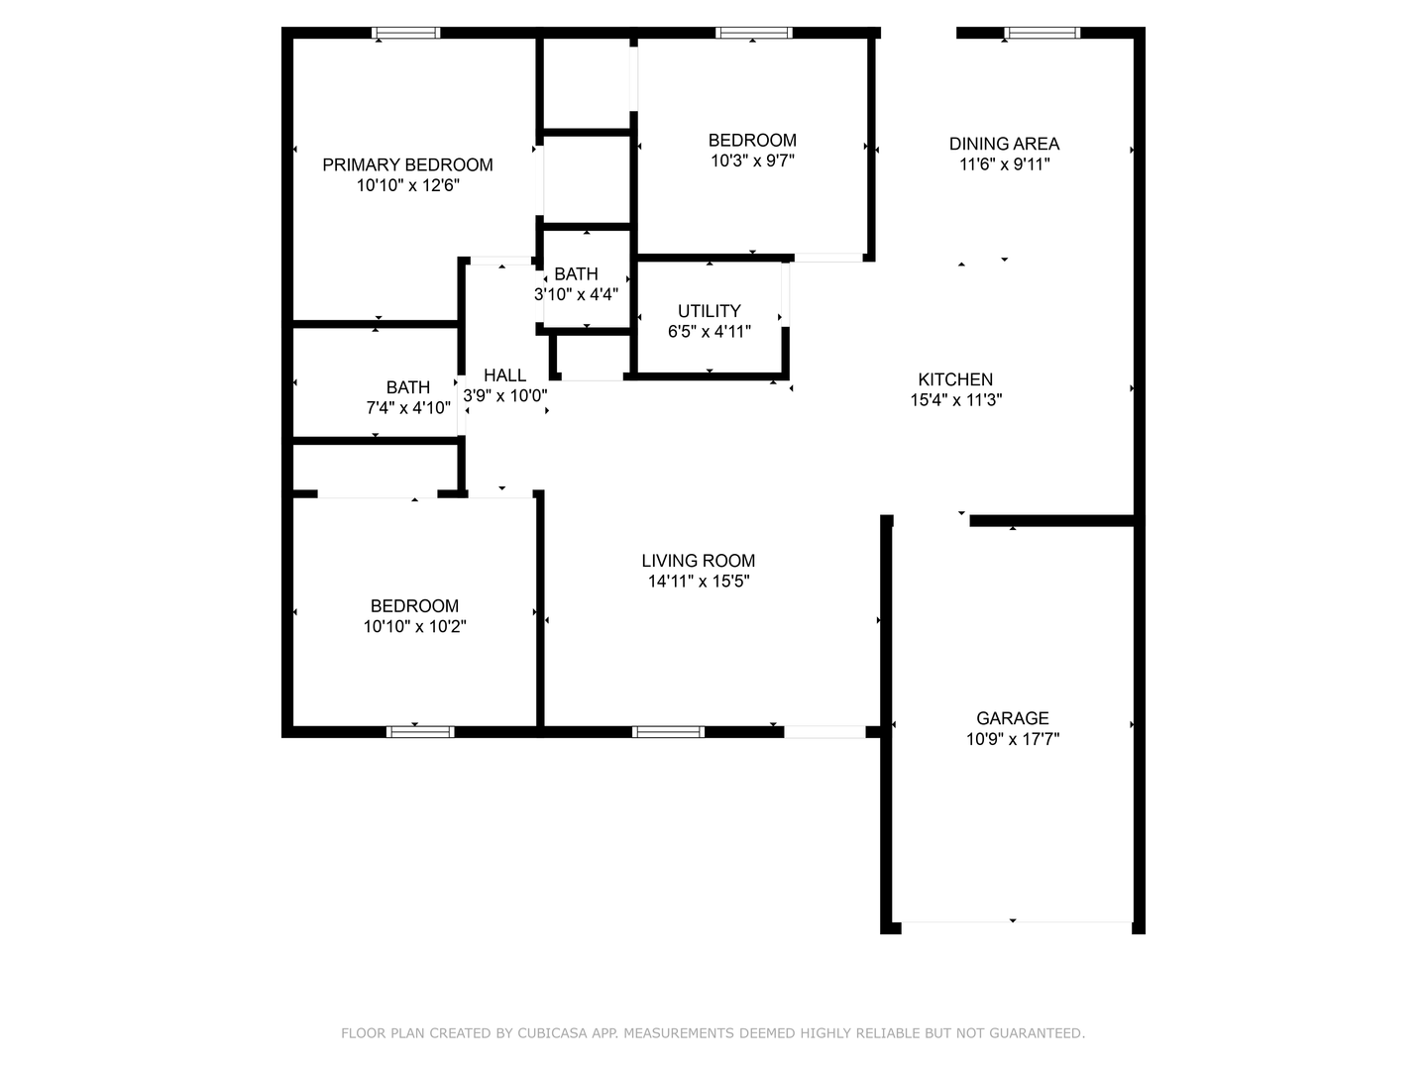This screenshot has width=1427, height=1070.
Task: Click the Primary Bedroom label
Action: pos(407,165)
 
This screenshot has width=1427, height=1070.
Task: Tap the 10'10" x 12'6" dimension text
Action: pos(407,186)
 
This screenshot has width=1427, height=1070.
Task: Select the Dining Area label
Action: pos(1005,144)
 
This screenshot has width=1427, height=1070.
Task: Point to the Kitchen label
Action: pos(955,379)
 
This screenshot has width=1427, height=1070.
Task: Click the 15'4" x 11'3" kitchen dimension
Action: pos(955,400)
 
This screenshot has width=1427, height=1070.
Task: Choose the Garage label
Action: pos(1012,718)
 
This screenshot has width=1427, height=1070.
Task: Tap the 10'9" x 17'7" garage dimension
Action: pos(1012,739)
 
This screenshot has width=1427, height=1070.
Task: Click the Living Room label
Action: pos(699,561)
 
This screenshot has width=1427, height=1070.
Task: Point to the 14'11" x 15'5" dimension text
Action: pos(699,582)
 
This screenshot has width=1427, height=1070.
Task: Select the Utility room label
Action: pos(710,311)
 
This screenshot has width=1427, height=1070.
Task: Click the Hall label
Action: pos(505,375)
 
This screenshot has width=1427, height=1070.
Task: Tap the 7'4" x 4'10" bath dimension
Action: pos(408,408)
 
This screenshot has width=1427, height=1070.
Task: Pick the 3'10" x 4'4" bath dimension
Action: pos(576,295)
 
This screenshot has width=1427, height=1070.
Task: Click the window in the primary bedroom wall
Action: pos(405,33)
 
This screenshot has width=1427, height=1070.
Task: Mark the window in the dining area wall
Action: pos(1043,33)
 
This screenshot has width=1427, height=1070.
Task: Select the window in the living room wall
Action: pos(668,732)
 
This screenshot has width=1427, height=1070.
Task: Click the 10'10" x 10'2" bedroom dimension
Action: pos(415,627)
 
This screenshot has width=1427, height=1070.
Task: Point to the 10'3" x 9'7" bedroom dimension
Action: pos(752,161)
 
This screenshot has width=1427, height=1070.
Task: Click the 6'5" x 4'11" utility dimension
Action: pos(710,332)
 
